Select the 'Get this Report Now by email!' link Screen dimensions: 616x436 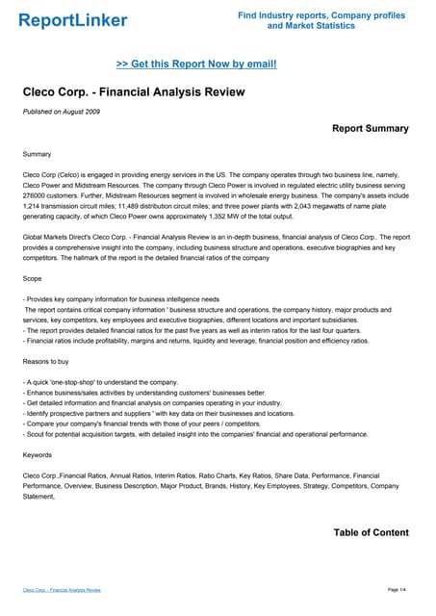click(x=196, y=64)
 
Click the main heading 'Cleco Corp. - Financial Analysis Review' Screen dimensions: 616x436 click(x=134, y=92)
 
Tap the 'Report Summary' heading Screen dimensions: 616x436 click(x=370, y=128)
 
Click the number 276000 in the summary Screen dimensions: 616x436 click(x=39, y=194)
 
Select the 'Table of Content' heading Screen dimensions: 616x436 click(x=371, y=532)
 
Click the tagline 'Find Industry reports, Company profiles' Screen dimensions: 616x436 click(x=321, y=15)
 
